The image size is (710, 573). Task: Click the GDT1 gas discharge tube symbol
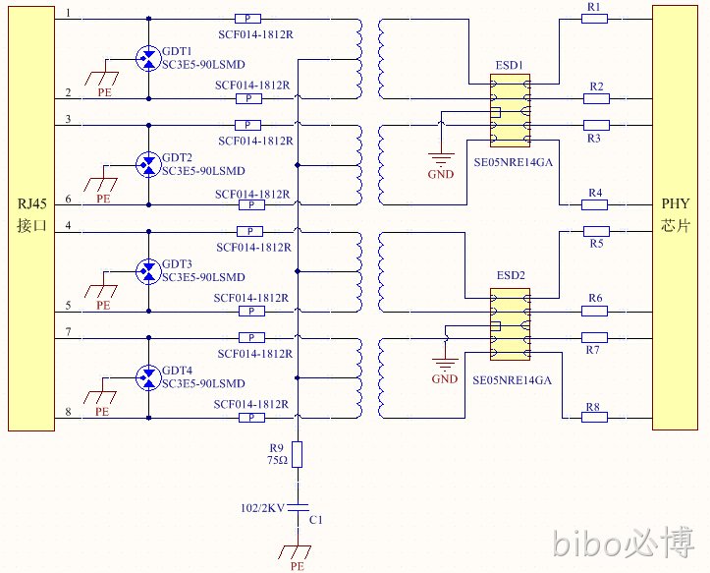coord(148,58)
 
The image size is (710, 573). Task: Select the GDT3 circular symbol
coord(148,271)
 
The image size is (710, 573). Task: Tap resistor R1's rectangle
coord(594,19)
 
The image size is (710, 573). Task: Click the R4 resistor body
coord(594,204)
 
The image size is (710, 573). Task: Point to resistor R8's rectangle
coord(594,417)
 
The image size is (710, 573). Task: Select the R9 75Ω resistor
coord(297,454)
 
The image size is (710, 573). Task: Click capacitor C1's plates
coord(298,507)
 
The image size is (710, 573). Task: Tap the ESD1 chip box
coord(510,111)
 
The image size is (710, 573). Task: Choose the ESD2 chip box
coord(510,324)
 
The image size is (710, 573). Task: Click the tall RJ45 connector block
coord(31,218)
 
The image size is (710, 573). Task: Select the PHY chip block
coord(675,217)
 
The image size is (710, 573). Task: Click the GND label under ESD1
coord(441,174)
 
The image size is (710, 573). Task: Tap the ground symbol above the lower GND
coord(446,364)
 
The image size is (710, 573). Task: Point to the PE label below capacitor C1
coord(297,566)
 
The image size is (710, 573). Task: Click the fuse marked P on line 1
coord(247,19)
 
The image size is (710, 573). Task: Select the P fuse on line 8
coord(251,418)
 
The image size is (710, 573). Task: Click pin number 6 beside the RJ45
coord(69,199)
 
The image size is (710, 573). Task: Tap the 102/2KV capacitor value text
coord(262,508)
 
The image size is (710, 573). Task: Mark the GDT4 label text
coord(177,371)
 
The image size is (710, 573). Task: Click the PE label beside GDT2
coord(103,199)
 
